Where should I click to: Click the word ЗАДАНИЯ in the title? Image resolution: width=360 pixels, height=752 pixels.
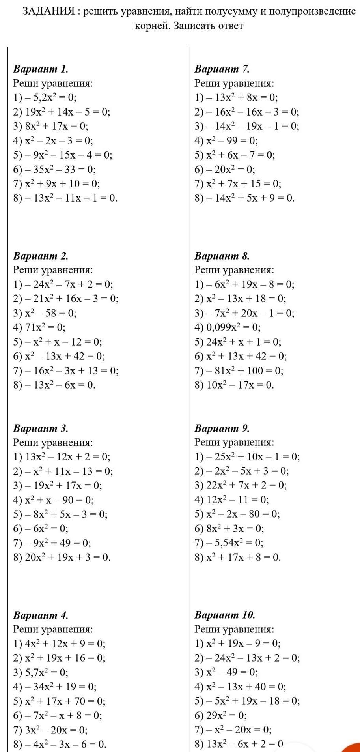click(48, 11)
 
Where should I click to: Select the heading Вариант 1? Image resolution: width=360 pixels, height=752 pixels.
click(41, 69)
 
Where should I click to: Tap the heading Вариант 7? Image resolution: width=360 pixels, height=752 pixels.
click(222, 69)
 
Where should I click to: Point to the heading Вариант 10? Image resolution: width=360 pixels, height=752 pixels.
click(225, 615)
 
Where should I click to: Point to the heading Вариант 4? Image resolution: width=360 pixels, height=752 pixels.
click(41, 615)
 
